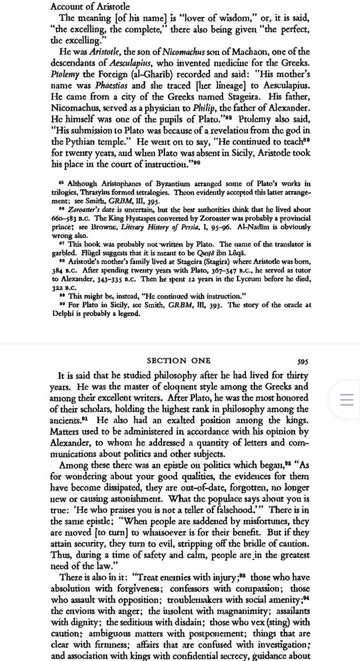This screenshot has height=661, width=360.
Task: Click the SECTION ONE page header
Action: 178,360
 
